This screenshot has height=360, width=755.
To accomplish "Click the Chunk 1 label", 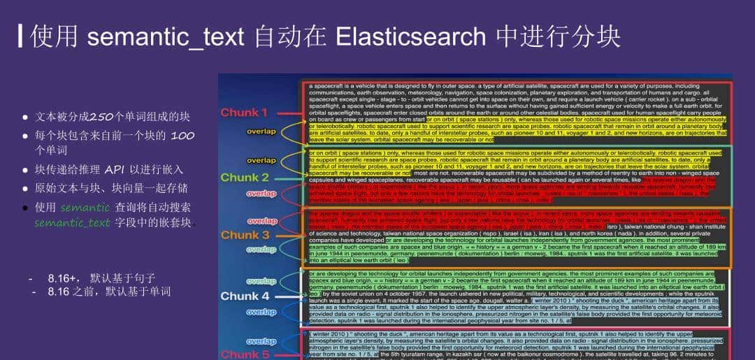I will (244, 113).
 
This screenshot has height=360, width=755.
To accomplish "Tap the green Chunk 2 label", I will (244, 178).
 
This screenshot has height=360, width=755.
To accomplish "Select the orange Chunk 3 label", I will (245, 235).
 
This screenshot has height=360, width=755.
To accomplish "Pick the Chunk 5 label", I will (245, 354).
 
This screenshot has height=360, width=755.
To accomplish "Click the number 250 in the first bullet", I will (102, 117).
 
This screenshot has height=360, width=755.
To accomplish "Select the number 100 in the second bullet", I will (182, 135).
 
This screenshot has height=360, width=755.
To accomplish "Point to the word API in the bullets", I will (115, 170).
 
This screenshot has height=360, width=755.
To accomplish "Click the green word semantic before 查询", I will (85, 208).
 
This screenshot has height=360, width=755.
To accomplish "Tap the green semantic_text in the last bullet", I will (72, 223).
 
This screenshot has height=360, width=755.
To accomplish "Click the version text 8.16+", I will (64, 278).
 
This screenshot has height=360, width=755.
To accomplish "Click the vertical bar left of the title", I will (21, 36).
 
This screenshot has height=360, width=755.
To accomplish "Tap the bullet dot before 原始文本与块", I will (25, 189).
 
